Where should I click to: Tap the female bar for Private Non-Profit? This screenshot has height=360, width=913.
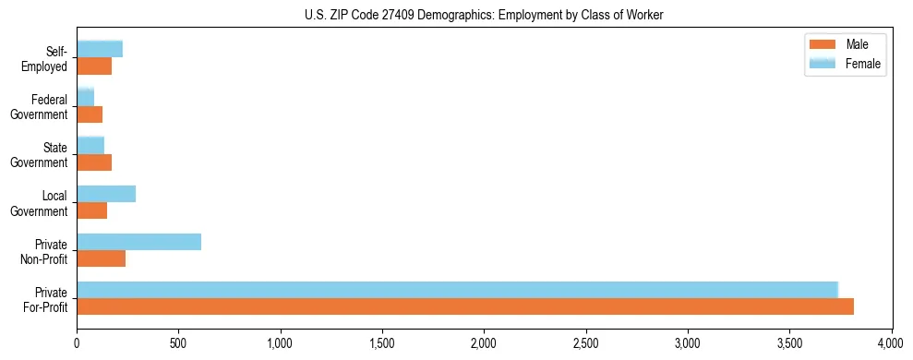[x=138, y=242]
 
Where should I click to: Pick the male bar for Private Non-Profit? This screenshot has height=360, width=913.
[x=101, y=258]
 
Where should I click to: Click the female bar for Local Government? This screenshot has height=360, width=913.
[x=106, y=194]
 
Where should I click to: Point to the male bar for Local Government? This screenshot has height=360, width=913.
[x=91, y=210]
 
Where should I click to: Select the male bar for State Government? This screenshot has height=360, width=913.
[x=94, y=162]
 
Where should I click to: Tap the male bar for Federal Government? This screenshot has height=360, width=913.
[x=90, y=114]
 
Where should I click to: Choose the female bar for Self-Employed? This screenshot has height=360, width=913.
[x=100, y=50]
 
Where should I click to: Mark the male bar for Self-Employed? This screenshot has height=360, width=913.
[x=94, y=66]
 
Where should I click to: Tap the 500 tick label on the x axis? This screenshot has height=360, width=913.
[x=179, y=343]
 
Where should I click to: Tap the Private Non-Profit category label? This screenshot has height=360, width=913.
[x=45, y=251]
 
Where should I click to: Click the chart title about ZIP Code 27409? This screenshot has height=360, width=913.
[x=484, y=15]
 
